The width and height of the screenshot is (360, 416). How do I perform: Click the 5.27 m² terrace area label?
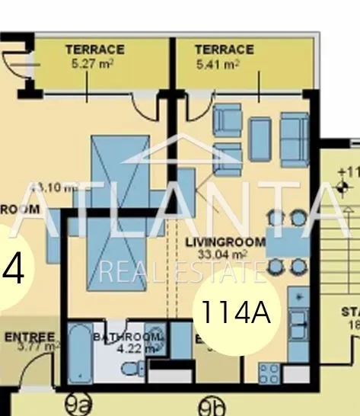(x=94, y=64)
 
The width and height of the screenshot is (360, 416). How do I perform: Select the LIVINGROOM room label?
(x=225, y=242)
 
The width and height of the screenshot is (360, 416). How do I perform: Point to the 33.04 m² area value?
(x=225, y=254)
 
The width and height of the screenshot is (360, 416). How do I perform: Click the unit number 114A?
(x=235, y=311)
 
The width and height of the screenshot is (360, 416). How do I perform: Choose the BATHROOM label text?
(x=126, y=337)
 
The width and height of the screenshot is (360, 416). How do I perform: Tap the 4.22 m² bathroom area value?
(x=138, y=348)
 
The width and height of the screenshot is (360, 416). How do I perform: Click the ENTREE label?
(x=30, y=337)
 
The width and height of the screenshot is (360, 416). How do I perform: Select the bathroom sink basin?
(x=155, y=341)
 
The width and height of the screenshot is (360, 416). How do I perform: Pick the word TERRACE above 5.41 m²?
(x=224, y=50)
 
